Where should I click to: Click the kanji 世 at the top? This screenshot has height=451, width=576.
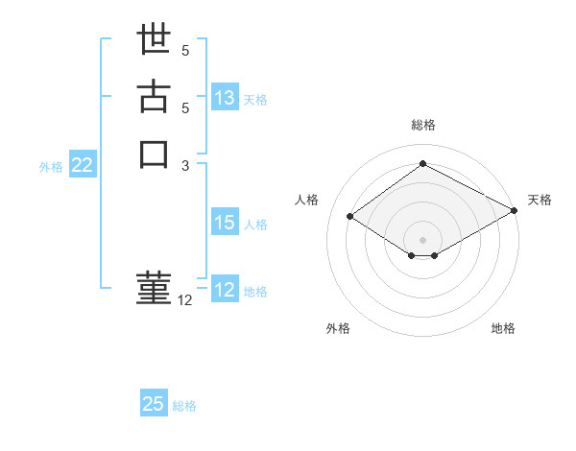(154, 43)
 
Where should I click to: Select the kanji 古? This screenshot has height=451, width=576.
(154, 98)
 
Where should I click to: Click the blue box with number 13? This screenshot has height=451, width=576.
(225, 98)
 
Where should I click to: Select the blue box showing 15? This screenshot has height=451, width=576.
(225, 223)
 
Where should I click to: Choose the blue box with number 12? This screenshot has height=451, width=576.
(225, 290)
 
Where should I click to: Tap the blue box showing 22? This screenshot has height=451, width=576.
(83, 165)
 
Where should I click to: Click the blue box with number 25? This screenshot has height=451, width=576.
(154, 404)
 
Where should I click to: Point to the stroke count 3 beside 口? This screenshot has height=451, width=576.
(186, 165)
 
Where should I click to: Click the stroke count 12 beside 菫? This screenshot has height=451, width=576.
(185, 300)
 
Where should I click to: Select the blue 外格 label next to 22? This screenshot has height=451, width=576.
(51, 166)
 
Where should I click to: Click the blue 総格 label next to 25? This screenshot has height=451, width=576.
(185, 406)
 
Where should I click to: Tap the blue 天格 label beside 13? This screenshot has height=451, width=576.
(255, 100)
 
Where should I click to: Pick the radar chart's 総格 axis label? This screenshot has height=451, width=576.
(423, 125)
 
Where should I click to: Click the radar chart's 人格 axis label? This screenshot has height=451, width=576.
(306, 200)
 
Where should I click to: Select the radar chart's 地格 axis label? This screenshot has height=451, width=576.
(503, 328)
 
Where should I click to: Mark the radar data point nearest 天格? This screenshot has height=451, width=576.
(516, 211)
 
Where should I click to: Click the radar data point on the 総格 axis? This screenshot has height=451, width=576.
(423, 163)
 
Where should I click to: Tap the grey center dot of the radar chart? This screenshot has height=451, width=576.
(423, 238)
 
